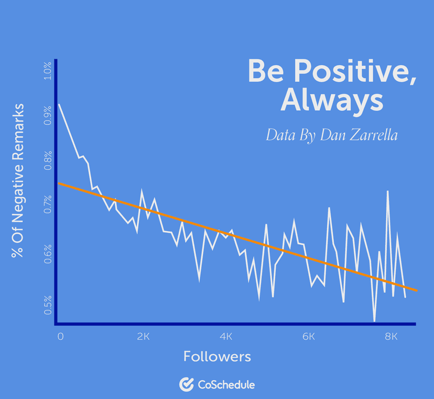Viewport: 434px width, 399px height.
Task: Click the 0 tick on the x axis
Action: pos(60,336)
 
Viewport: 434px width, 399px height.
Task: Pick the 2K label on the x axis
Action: pos(144,336)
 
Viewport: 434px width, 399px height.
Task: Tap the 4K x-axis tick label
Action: pos(226,336)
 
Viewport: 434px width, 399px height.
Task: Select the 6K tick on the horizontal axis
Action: pos(309,336)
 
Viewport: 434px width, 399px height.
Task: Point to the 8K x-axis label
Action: pos(391,336)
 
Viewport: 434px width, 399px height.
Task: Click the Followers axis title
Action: pos(217,357)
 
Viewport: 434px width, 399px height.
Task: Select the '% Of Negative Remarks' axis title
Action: pos(18,180)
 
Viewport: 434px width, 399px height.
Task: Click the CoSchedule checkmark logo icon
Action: pos(187,384)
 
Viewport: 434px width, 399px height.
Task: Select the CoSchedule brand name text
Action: pos(226,385)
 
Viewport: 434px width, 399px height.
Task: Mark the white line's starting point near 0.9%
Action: pos(59,104)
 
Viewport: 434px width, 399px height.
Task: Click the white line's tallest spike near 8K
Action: pos(388,191)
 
